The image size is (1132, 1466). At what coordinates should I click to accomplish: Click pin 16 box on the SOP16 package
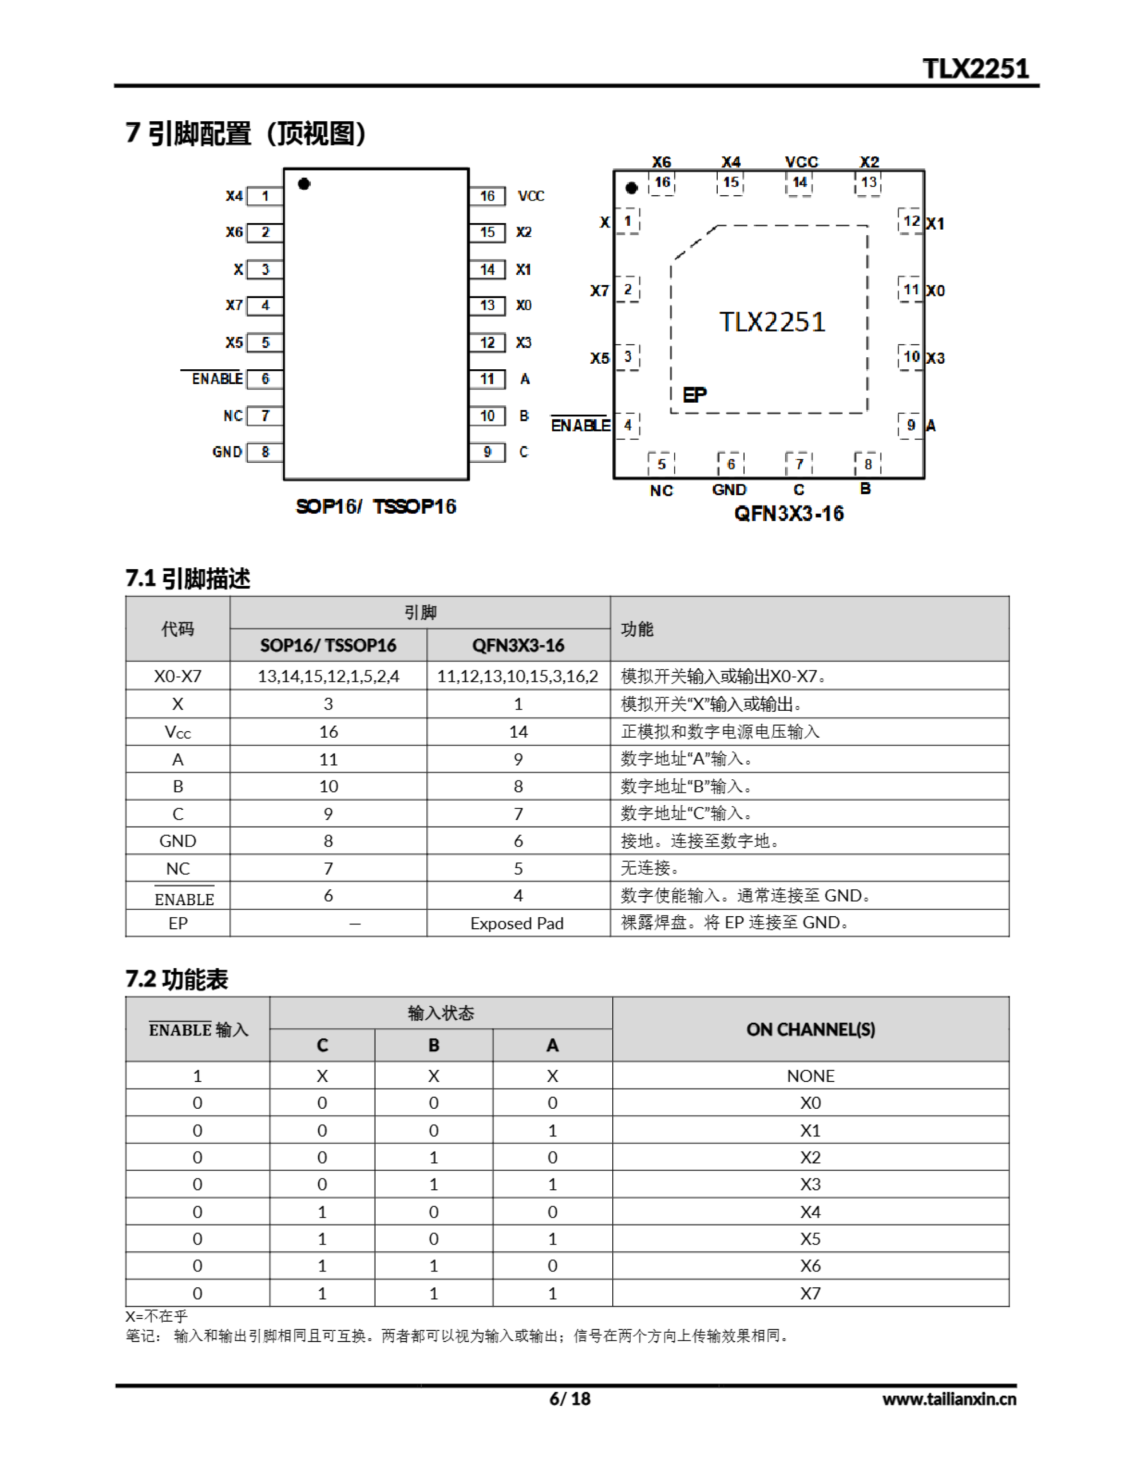point(487,196)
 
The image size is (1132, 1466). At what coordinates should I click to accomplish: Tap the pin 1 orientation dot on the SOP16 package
point(304,184)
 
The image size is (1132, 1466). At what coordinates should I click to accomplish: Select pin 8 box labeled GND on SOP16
point(265,452)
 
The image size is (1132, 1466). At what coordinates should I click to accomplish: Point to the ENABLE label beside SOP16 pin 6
point(217,379)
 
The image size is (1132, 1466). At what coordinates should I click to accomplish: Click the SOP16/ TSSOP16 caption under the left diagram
point(376,507)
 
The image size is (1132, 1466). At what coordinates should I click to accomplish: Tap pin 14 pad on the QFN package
point(799,183)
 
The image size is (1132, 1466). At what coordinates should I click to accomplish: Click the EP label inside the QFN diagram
point(695,395)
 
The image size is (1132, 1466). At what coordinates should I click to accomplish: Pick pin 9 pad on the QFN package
point(911,425)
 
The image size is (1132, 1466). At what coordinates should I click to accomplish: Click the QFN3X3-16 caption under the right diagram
point(789,514)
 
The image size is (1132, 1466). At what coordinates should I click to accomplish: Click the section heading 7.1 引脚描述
point(188,578)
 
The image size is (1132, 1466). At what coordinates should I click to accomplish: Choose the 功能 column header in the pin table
point(637,629)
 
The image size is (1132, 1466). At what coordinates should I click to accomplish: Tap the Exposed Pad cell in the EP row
point(517,924)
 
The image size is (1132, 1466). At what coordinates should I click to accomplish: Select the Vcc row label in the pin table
point(178,732)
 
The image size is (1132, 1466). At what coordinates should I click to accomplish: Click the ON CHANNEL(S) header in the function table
point(810,1029)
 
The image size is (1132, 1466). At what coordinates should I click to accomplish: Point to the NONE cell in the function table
point(810,1076)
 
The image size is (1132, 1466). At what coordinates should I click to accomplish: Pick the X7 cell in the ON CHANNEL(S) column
point(810,1294)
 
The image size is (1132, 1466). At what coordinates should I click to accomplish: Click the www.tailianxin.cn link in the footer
point(949,1398)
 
